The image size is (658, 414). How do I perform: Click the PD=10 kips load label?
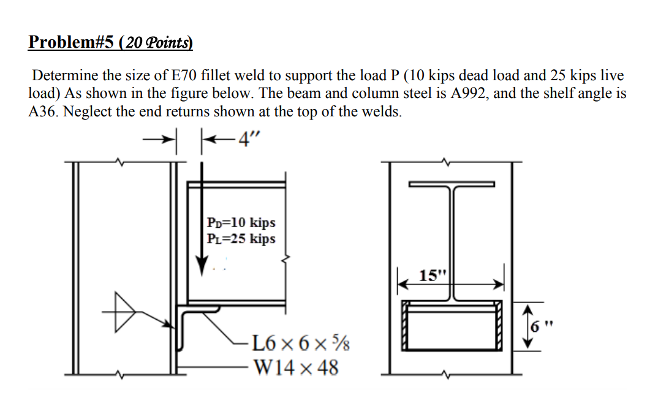[x=241, y=222]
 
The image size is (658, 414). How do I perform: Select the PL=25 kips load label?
[x=241, y=239]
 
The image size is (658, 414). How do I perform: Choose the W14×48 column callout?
[x=295, y=367]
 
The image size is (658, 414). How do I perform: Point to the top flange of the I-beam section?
[x=452, y=184]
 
